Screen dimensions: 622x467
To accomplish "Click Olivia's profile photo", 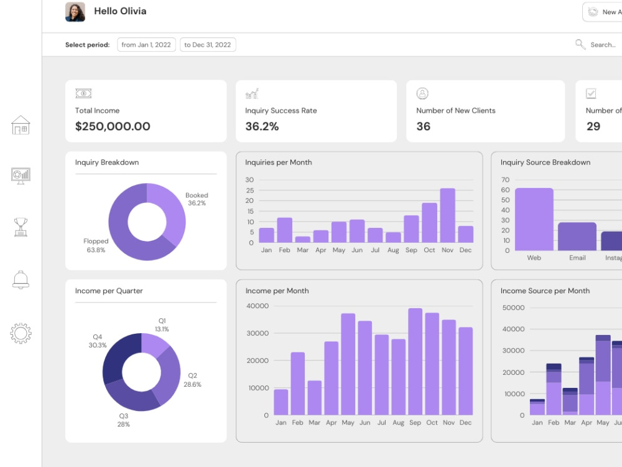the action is tap(75, 12).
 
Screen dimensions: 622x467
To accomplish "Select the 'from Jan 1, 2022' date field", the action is tap(146, 45).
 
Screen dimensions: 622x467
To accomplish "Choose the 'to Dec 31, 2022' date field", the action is tap(208, 45).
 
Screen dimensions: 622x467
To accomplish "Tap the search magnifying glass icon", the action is tap(580, 44).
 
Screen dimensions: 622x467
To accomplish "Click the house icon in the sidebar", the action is tap(21, 125).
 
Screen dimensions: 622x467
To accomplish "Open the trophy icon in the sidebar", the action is tap(21, 227).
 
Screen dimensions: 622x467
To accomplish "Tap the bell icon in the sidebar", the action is tap(21, 280).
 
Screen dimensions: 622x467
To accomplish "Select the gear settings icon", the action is tap(21, 333).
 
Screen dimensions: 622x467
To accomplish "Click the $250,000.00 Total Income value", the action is tap(113, 126).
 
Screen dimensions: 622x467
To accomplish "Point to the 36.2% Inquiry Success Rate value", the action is tap(262, 126).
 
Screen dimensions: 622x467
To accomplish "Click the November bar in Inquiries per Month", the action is tap(447, 215).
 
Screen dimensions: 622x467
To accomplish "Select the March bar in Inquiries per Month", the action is tap(303, 240).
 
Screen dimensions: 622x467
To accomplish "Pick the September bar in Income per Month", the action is tap(415, 361).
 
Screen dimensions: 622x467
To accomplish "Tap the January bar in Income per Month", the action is tap(281, 402).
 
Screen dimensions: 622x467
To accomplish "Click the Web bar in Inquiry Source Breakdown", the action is tap(534, 219).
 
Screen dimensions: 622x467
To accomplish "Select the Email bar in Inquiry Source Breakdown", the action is tap(577, 236).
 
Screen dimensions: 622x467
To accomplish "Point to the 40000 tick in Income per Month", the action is tap(258, 306).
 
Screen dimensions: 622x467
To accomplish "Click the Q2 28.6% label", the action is tap(192, 380).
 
